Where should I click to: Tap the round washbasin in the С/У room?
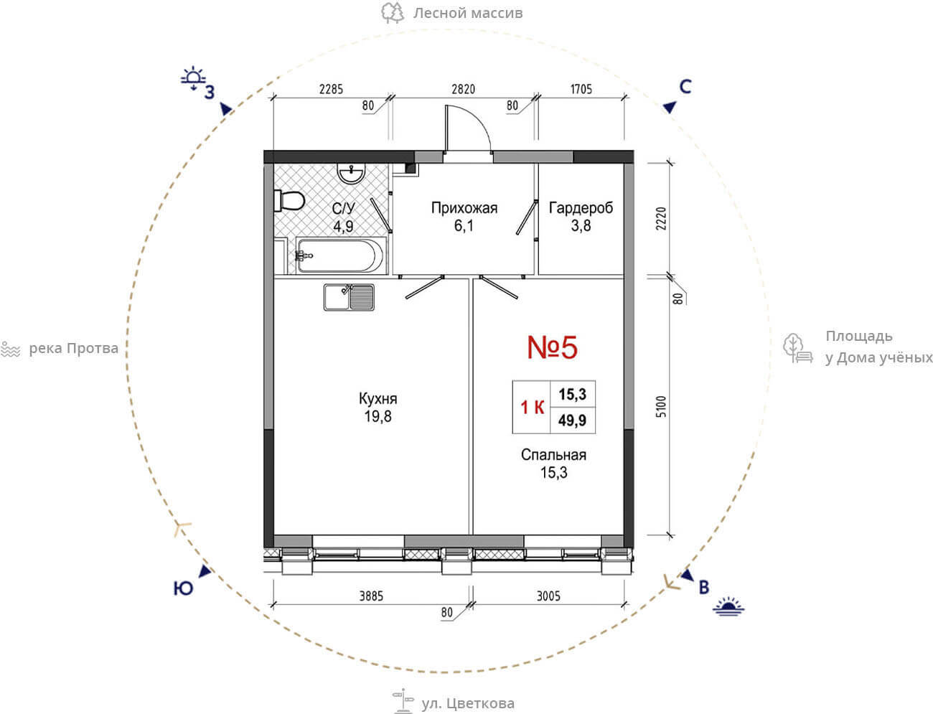click(351, 174)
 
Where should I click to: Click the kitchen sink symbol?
click(349, 298)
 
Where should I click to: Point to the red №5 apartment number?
click(552, 347)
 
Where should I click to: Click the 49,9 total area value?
click(572, 421)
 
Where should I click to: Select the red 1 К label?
click(533, 407)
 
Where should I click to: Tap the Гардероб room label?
click(581, 208)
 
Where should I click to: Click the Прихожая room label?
click(464, 208)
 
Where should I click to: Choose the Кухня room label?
click(378, 399)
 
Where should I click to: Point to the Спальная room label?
click(553, 455)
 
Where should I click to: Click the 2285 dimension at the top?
click(331, 89)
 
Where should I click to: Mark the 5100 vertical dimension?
click(661, 406)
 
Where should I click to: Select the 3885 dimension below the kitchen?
click(371, 596)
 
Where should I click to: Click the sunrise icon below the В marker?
click(728, 606)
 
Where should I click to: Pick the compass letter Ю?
click(183, 588)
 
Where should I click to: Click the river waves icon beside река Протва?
click(11, 349)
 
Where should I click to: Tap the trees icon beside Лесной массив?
click(393, 13)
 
